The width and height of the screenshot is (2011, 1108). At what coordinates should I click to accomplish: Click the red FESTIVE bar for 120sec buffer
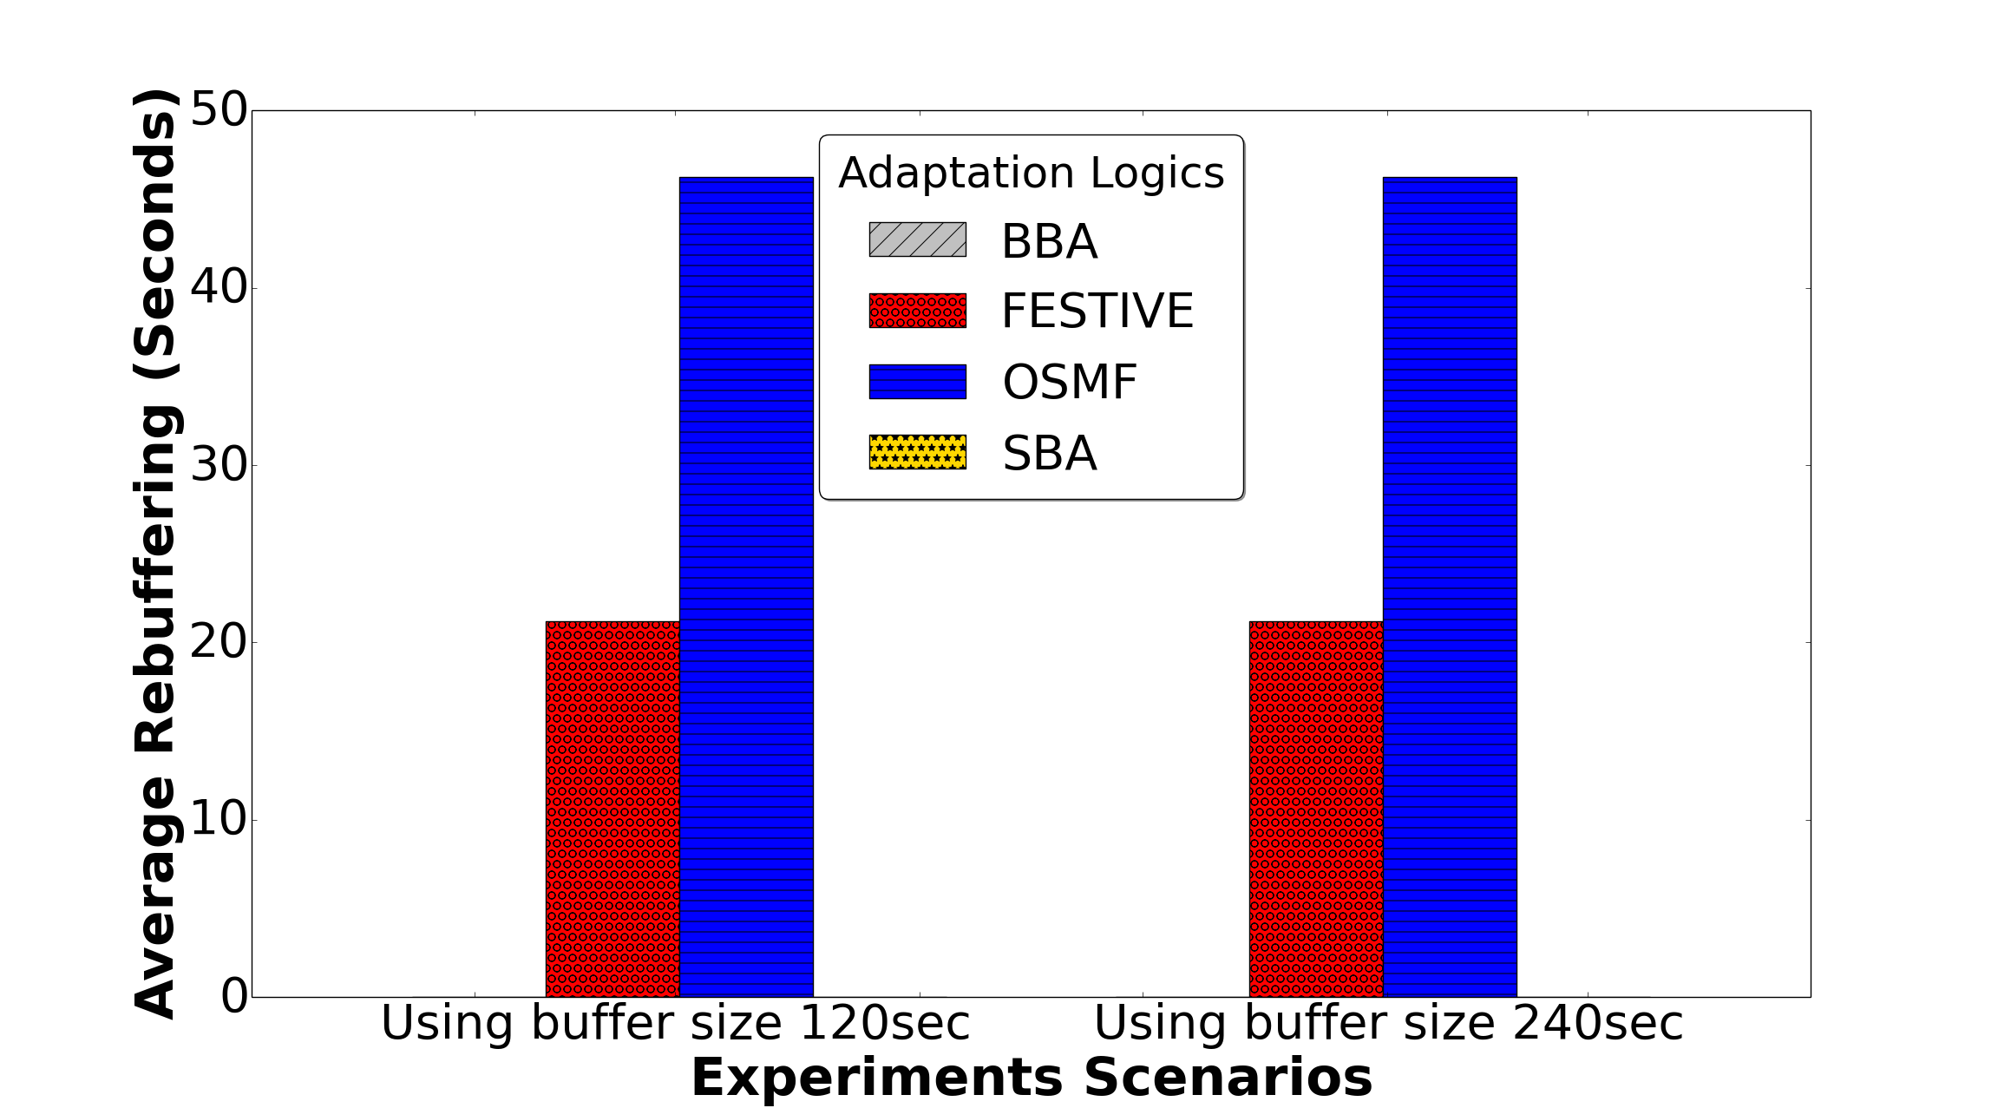pyautogui.click(x=612, y=809)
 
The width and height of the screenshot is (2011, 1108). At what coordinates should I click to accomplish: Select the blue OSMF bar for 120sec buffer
pyautogui.click(x=746, y=587)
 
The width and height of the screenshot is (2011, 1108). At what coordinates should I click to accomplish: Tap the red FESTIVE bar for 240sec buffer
pyautogui.click(x=1316, y=809)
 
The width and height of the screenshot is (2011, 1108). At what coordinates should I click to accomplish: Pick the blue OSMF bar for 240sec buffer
pyautogui.click(x=1450, y=587)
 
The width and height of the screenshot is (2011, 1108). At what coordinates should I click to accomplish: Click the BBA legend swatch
pyautogui.click(x=918, y=239)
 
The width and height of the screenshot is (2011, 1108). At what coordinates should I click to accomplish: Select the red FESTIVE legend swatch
pyautogui.click(x=918, y=311)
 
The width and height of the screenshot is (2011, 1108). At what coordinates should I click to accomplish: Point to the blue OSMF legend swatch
pyautogui.click(x=918, y=382)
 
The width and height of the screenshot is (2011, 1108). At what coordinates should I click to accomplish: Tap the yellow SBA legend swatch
pyautogui.click(x=918, y=452)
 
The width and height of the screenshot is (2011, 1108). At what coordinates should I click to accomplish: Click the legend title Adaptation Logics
pyautogui.click(x=1032, y=174)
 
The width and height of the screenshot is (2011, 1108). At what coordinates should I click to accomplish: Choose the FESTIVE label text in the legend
pyautogui.click(x=1097, y=311)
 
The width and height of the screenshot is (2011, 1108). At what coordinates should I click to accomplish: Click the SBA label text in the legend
pyautogui.click(x=1050, y=453)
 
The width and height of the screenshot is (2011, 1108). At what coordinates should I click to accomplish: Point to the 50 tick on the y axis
pyautogui.click(x=219, y=110)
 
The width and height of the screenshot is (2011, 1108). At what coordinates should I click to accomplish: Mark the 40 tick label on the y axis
pyautogui.click(x=219, y=287)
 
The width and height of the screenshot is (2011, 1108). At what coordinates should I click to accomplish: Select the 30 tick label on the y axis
pyautogui.click(x=219, y=465)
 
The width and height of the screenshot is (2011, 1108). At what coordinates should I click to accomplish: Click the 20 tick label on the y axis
pyautogui.click(x=219, y=642)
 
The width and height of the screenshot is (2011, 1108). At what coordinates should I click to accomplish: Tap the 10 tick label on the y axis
pyautogui.click(x=219, y=819)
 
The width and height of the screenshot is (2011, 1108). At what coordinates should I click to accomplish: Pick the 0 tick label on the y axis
pyautogui.click(x=234, y=997)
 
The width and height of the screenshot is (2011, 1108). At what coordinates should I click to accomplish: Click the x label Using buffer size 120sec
pyautogui.click(x=675, y=1024)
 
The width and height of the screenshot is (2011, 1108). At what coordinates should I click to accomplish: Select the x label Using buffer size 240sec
pyautogui.click(x=1388, y=1024)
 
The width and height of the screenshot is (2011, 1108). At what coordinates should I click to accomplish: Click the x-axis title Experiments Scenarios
pyautogui.click(x=1032, y=1078)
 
